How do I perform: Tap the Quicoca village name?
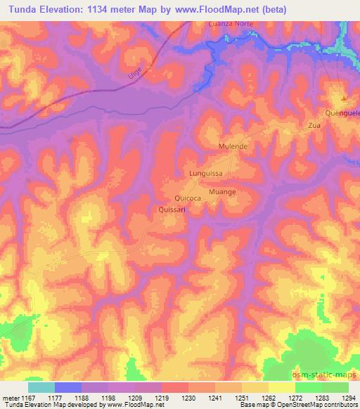coord(188,199)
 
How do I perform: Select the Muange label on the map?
coord(221,191)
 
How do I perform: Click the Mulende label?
coord(233,146)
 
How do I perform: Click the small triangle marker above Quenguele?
coord(344,98)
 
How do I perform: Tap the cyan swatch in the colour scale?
coord(41,387)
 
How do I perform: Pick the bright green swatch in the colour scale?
coord(308,387)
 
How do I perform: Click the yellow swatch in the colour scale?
coord(281,387)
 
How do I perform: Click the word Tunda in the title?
coord(23,10)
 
